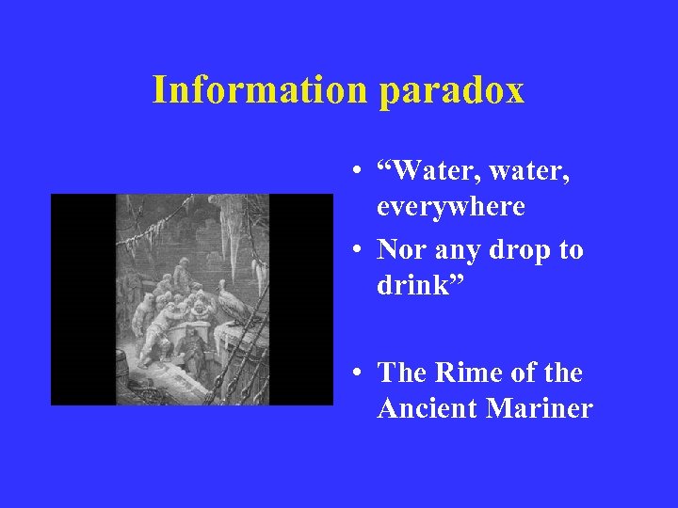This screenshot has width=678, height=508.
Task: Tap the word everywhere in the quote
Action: tap(451, 206)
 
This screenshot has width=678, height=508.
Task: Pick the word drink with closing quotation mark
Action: tap(418, 284)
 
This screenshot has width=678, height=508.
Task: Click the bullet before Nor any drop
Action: tap(359, 251)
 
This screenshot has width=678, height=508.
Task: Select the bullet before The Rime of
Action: tap(359, 373)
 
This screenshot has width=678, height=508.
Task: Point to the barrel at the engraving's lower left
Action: tap(121, 367)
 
